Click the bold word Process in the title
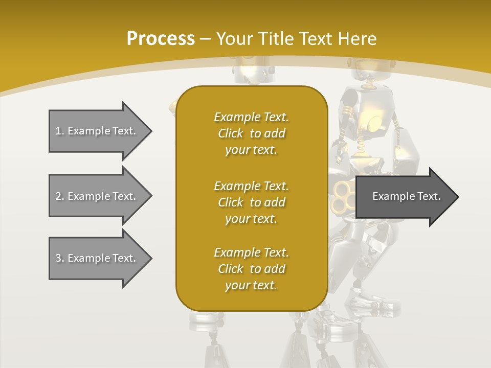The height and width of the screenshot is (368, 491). click(x=161, y=39)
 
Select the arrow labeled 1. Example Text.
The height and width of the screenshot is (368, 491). click(x=97, y=131)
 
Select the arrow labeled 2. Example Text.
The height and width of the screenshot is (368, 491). click(x=97, y=196)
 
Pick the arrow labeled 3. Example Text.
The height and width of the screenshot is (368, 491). click(x=97, y=258)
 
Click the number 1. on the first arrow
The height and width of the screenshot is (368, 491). click(x=60, y=131)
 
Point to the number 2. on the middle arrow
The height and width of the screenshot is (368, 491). click(x=60, y=196)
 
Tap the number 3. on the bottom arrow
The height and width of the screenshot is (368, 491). click(x=60, y=258)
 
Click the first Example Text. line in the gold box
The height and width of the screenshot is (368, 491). click(x=251, y=117)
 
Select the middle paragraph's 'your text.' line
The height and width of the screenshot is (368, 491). click(x=251, y=219)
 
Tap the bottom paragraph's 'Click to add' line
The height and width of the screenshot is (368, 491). click(x=251, y=269)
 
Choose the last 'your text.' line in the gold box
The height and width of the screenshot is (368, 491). click(x=251, y=285)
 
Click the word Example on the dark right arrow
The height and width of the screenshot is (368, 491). click(x=390, y=196)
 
